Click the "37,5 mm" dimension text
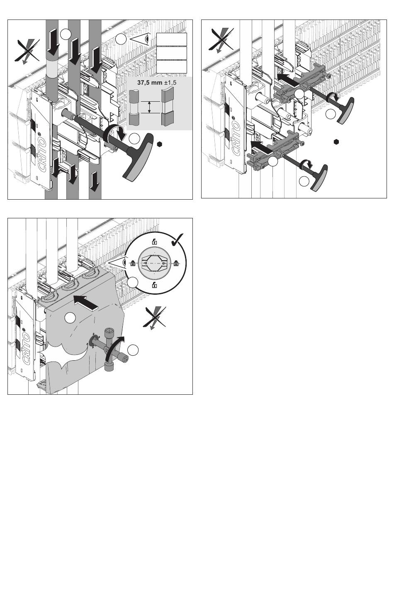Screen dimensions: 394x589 coord(150,83)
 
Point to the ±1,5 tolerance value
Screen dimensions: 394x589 coord(170,83)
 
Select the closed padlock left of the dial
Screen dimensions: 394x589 coord(133,263)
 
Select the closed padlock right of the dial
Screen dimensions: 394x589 coord(176,263)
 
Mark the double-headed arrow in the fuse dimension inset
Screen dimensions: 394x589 coord(149,107)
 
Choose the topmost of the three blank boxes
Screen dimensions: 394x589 coord(172,39)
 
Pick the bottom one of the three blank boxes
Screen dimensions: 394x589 coord(172,66)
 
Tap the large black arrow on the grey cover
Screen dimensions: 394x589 coord(86,301)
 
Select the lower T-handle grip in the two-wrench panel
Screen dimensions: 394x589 coord(319,178)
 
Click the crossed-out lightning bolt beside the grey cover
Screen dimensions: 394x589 coord(155,318)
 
